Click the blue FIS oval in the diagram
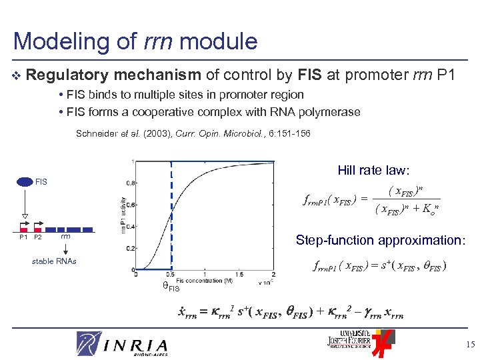coord(25,181)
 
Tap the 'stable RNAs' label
coord(54,261)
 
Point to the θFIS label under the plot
coord(171,287)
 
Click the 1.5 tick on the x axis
coord(239,275)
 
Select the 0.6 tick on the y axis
coord(131,204)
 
